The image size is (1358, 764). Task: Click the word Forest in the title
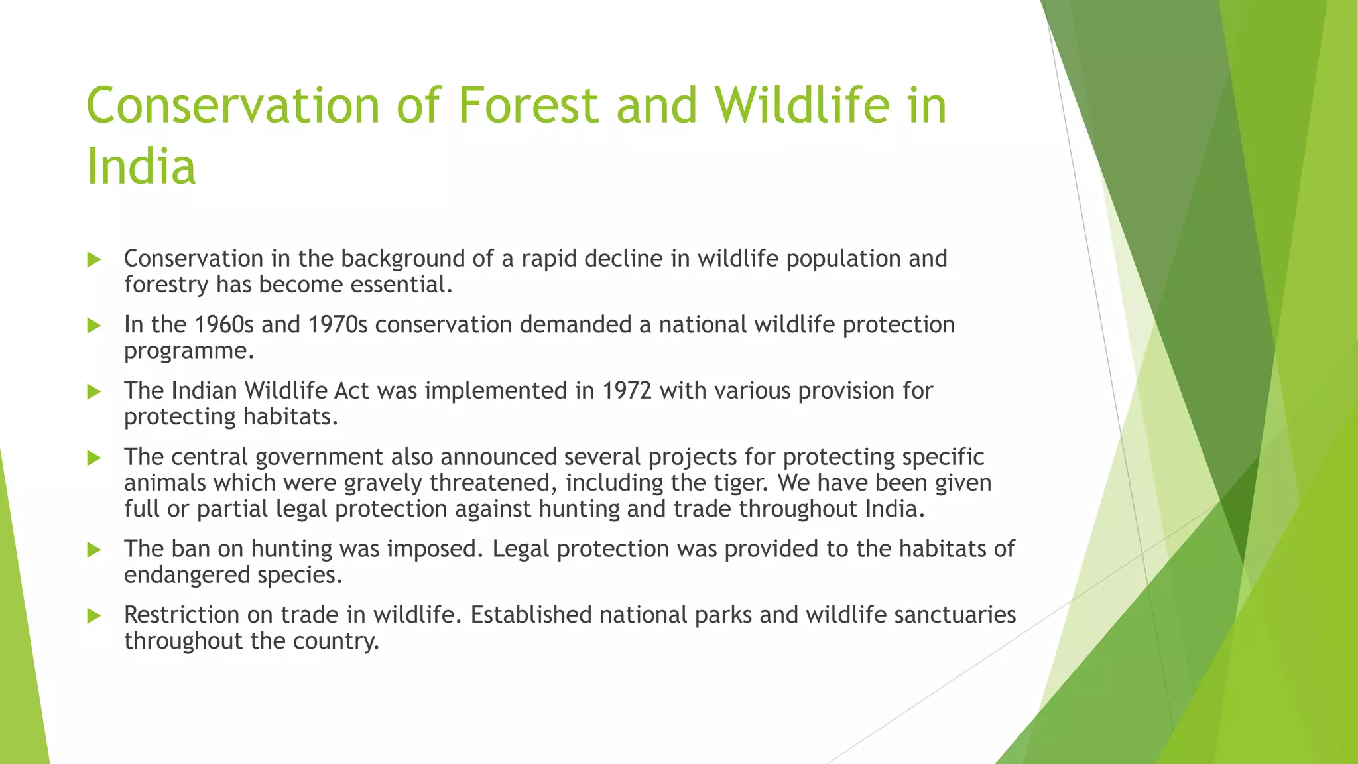(528, 105)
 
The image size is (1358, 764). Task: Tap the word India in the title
(141, 166)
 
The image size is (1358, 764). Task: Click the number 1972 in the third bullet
(627, 391)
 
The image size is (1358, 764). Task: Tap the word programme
(189, 351)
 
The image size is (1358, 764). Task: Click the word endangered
(186, 575)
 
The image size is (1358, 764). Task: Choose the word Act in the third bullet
(351, 391)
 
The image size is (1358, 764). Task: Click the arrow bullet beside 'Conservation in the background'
(94, 259)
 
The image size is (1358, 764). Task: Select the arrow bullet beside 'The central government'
(94, 458)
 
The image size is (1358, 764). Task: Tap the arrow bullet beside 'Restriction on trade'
(94, 616)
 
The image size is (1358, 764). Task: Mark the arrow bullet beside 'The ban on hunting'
(94, 550)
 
